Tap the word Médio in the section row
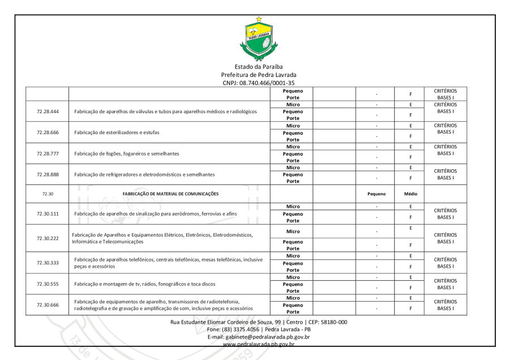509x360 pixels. [x=411, y=193]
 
